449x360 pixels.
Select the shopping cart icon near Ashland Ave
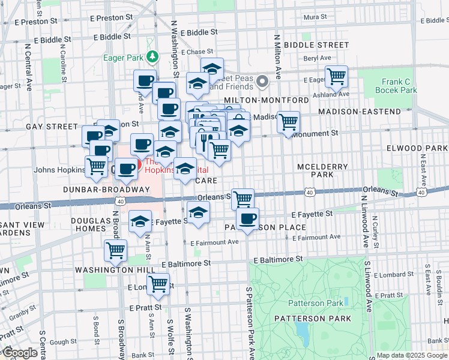[x=337, y=76]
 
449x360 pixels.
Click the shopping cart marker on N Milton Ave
[x=289, y=122]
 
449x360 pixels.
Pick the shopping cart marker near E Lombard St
[x=158, y=284]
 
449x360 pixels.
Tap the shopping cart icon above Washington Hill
[x=115, y=250]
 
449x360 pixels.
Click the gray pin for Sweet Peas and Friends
[x=262, y=81]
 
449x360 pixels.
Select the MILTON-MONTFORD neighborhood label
[x=266, y=100]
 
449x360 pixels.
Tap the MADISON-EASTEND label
[x=359, y=112]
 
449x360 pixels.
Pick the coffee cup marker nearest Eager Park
[x=145, y=80]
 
